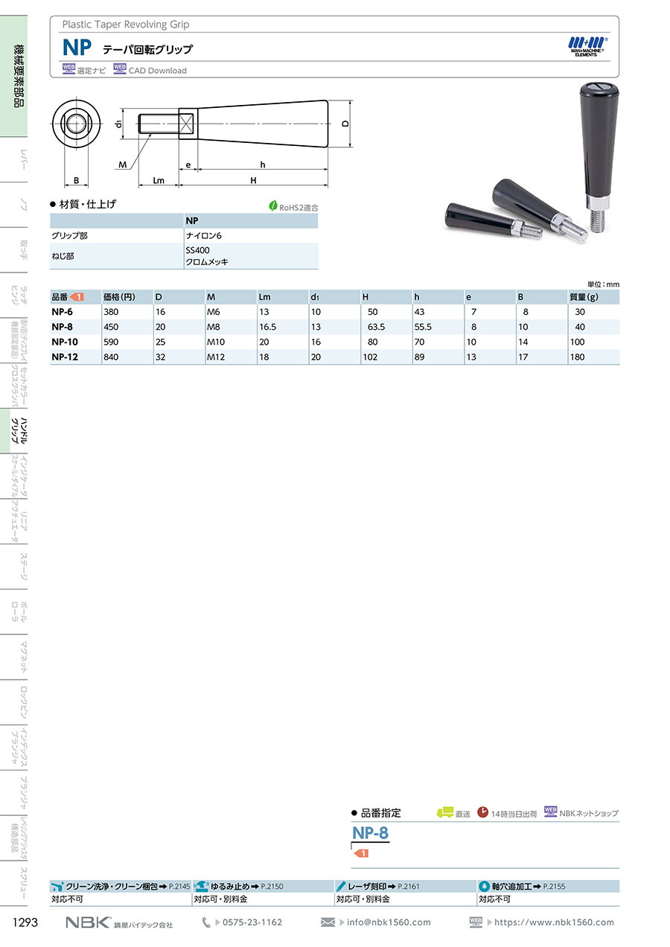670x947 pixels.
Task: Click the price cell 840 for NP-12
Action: [x=111, y=357]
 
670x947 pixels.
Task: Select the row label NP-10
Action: [x=65, y=342]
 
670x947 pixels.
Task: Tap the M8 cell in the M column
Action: [x=214, y=327]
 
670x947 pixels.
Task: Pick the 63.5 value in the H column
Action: [x=373, y=327]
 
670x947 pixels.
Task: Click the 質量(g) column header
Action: [x=584, y=297]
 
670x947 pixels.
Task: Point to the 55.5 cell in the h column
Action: [x=423, y=327]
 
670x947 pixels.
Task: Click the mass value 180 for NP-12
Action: [x=577, y=357]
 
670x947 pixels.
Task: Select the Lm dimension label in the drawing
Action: [x=159, y=180]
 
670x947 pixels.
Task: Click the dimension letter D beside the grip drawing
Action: [x=345, y=124]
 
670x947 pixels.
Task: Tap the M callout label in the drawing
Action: [x=123, y=165]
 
